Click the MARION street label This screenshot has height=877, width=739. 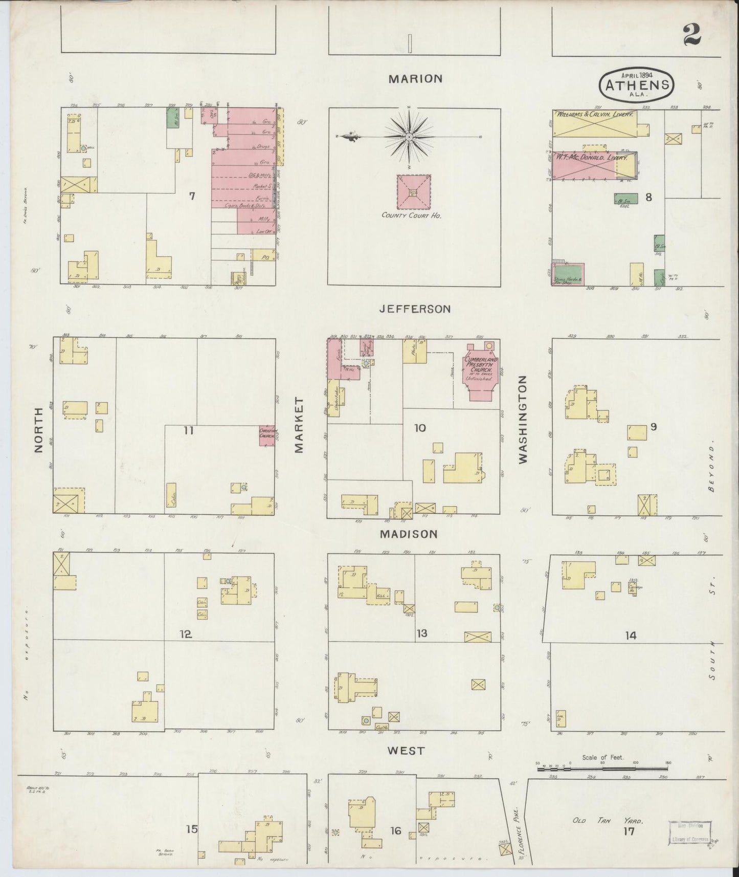click(x=415, y=79)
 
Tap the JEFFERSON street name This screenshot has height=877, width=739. click(x=415, y=309)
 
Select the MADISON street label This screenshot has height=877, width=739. click(x=409, y=534)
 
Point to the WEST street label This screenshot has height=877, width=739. click(x=406, y=751)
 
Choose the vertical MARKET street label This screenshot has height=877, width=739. click(x=299, y=425)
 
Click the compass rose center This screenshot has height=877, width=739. click(x=410, y=137)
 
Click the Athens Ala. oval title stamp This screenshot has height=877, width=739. click(x=636, y=84)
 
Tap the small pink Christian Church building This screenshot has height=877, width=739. click(x=267, y=436)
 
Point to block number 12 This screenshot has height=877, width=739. click(x=185, y=634)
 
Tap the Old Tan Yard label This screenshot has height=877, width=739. click(x=607, y=820)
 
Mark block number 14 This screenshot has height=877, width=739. click(x=630, y=636)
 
